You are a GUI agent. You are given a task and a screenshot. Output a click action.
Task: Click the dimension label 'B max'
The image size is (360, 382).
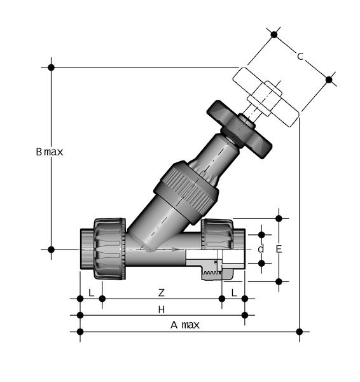[x=50, y=152]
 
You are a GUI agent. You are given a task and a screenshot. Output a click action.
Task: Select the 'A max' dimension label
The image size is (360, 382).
[x=185, y=325]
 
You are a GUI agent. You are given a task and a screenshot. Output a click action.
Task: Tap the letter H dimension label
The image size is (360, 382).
[x=162, y=310]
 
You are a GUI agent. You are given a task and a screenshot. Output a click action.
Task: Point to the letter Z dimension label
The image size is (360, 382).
[x=162, y=293]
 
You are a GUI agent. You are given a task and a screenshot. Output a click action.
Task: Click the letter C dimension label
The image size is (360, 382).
[x=300, y=56]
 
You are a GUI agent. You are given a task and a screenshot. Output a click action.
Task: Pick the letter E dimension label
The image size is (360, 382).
[x=279, y=249]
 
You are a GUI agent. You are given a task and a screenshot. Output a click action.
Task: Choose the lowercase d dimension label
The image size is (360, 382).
[x=261, y=249]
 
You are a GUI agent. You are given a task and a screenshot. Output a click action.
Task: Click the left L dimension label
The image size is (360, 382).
[x=92, y=293]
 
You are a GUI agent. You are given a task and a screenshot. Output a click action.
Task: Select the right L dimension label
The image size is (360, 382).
[x=234, y=293]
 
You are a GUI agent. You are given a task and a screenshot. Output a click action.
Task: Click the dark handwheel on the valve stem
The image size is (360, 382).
[x=239, y=130]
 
